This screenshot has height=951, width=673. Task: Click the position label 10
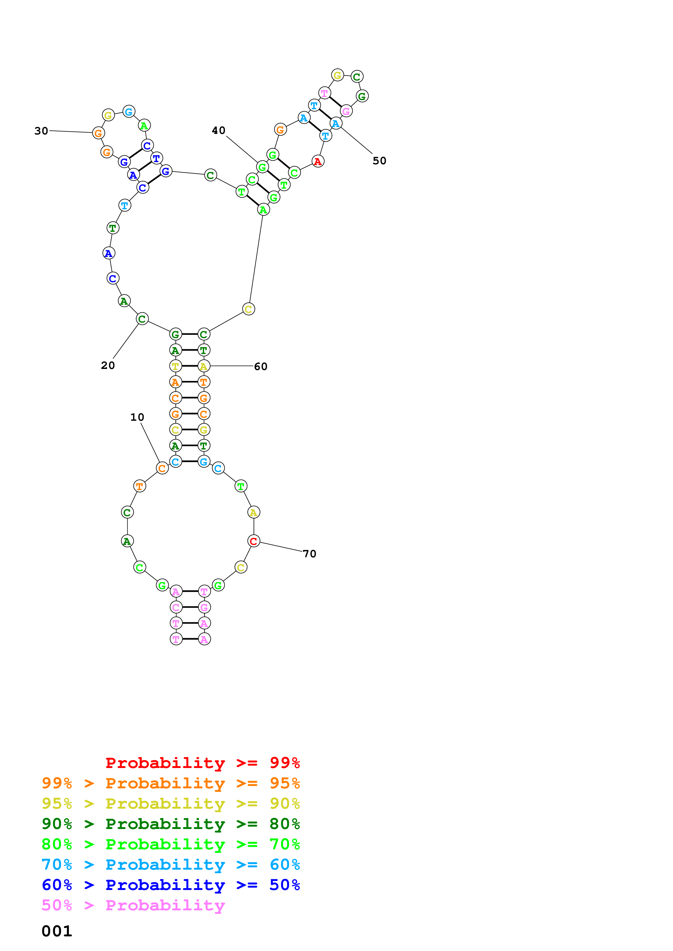tap(137, 417)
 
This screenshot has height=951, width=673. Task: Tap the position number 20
tap(108, 365)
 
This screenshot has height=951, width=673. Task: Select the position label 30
tap(42, 131)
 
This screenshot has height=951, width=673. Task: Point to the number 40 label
tap(219, 130)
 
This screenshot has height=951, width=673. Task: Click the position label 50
tap(380, 161)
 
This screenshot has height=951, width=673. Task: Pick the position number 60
tap(261, 367)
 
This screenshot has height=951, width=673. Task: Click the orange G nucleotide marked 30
tap(98, 133)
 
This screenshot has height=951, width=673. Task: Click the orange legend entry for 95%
tap(171, 783)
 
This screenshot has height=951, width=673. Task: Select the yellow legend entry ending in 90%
tap(171, 804)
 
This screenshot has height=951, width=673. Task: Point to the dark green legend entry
tap(171, 824)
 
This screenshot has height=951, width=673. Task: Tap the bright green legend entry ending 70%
tap(171, 844)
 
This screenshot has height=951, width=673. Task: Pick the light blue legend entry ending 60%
tap(171, 865)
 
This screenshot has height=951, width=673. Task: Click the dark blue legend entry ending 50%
tap(171, 885)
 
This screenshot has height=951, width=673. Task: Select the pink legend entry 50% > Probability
tap(133, 905)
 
